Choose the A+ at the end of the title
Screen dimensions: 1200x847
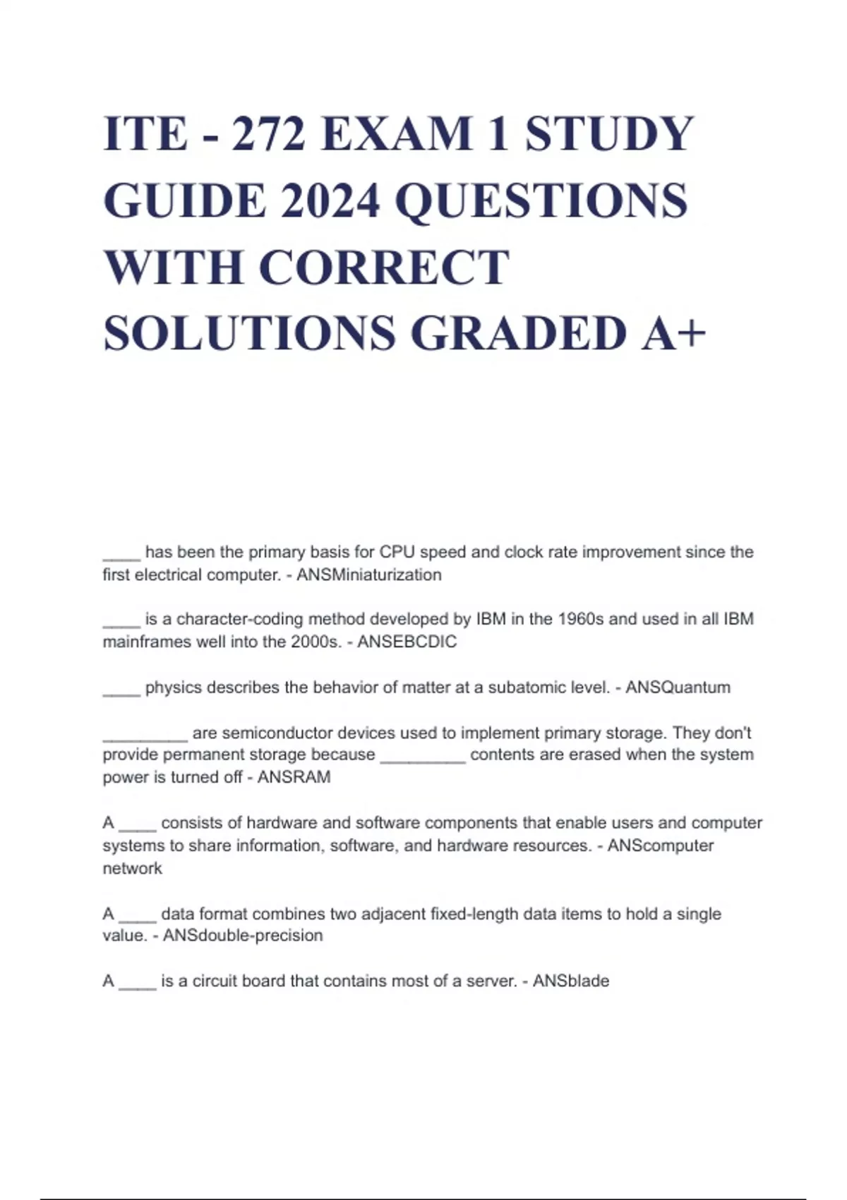[x=673, y=333]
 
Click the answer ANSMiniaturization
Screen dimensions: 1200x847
[x=369, y=575]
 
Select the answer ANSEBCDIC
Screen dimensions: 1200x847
[x=407, y=642]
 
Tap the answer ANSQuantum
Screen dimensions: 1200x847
[x=678, y=687]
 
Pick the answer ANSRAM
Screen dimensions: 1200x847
[x=294, y=777]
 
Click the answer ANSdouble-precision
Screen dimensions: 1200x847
[x=243, y=935]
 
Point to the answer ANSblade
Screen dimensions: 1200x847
[x=570, y=980]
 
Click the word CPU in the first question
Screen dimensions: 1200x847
[x=397, y=552]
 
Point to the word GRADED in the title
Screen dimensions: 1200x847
[x=519, y=333]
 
